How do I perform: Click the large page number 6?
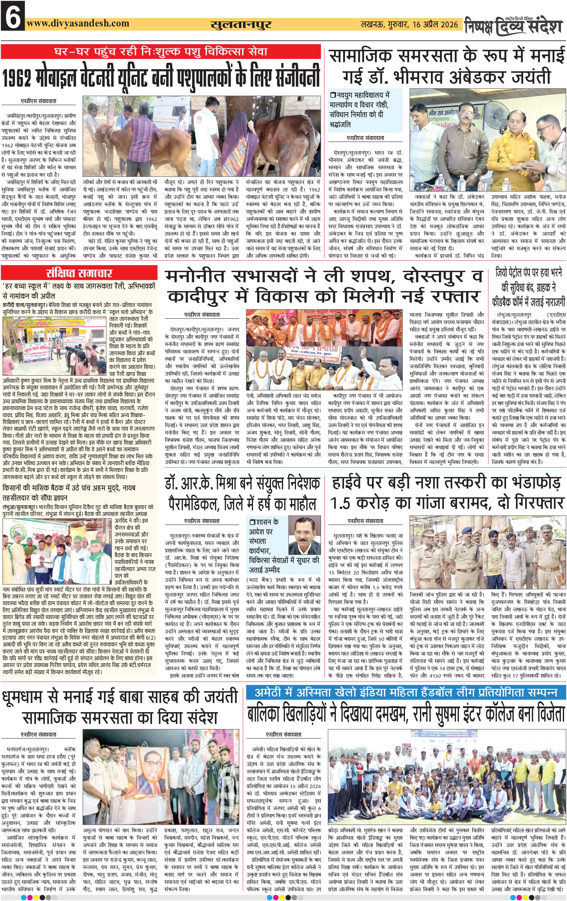tap(12, 16)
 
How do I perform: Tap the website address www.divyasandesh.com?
tap(78, 23)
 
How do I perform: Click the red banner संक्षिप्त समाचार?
tap(79, 273)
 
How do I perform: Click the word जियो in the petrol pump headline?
tap(503, 273)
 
